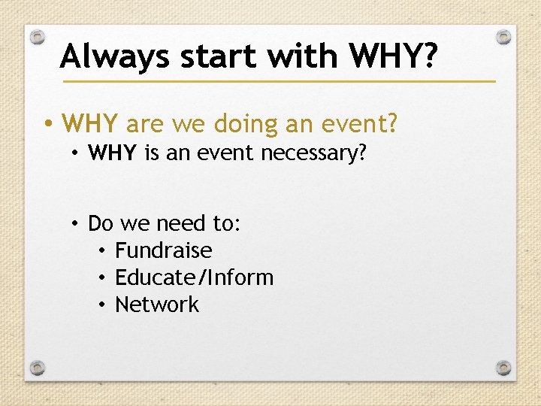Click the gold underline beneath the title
coord(278,80)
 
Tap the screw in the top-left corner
coord(38,37)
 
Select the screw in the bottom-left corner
coord(38,368)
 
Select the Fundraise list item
coord(163,250)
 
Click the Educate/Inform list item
coord(194,277)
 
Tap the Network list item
coord(157,304)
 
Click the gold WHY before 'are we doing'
coord(91,123)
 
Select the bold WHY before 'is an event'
coord(112,154)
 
